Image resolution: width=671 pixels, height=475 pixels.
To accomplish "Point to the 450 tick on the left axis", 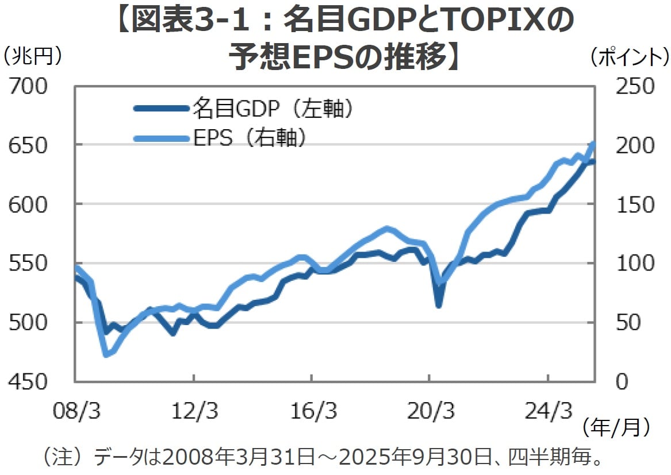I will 29,381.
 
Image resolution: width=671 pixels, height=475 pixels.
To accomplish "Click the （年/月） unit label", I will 615,427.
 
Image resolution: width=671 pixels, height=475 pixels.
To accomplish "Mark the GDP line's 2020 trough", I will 439,305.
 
